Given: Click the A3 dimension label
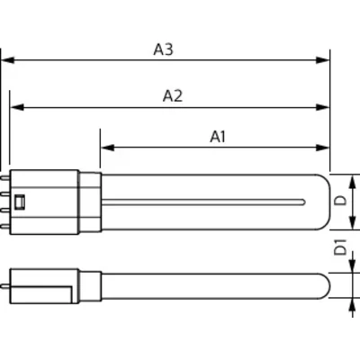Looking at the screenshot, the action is click(x=163, y=49).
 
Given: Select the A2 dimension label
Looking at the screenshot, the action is click(x=173, y=96).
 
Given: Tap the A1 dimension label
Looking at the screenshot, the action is click(x=218, y=137).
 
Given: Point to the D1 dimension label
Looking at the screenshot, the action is click(x=340, y=247).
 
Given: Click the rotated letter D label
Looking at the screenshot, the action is click(x=340, y=201).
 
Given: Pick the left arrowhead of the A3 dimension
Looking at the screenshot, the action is click(x=8, y=60).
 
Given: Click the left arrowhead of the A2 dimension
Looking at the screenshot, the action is click(x=17, y=107).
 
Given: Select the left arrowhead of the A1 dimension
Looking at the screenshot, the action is click(x=108, y=148).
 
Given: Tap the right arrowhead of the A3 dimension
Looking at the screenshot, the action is click(x=323, y=60).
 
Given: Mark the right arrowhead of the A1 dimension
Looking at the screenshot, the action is click(x=323, y=148).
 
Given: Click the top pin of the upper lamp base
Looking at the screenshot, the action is click(x=5, y=178).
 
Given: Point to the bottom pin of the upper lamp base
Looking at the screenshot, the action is click(x=5, y=227).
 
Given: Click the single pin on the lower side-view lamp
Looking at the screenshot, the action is click(x=5, y=286).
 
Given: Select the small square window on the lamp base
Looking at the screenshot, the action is click(x=20, y=202).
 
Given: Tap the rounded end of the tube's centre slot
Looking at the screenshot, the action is click(x=303, y=202).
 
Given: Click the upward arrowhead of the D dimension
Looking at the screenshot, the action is click(x=353, y=183).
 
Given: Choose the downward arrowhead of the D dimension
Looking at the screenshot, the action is click(x=353, y=222).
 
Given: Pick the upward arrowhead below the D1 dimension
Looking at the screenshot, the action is click(x=353, y=306).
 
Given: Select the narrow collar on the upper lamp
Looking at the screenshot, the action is click(x=90, y=202).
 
